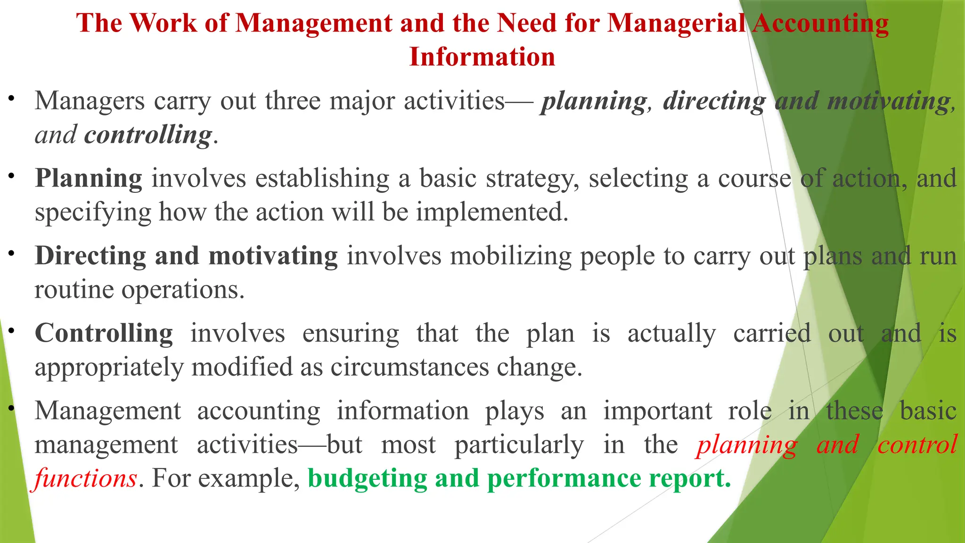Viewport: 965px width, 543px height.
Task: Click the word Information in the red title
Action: pyautogui.click(x=482, y=57)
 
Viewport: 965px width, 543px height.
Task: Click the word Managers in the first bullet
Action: pyautogui.click(x=90, y=101)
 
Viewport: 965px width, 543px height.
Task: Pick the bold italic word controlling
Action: pyautogui.click(x=148, y=135)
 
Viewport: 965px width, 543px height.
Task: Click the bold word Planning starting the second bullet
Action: pyautogui.click(x=89, y=179)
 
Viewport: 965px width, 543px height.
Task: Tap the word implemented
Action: pyautogui.click(x=492, y=212)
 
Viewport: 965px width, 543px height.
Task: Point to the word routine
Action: pyautogui.click(x=74, y=289)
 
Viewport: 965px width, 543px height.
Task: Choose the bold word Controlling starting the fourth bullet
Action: pyautogui.click(x=104, y=333)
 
